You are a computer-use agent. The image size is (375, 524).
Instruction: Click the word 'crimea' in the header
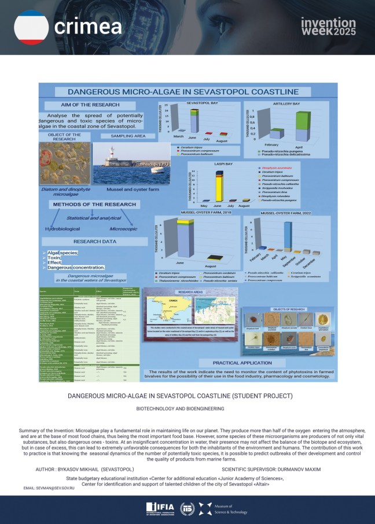[87, 26]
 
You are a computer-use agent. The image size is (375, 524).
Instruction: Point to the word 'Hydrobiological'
[64, 229]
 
